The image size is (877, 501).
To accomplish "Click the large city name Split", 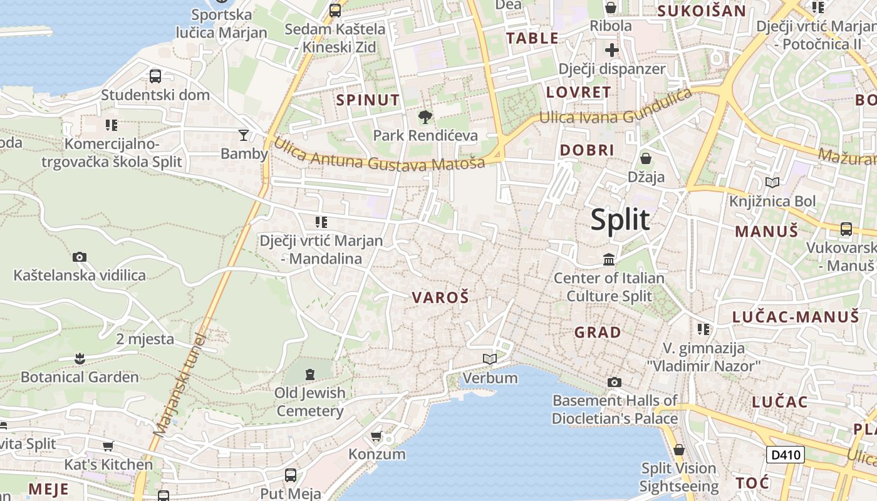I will pyautogui.click(x=620, y=220).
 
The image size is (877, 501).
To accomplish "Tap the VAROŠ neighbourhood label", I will pyautogui.click(x=440, y=298).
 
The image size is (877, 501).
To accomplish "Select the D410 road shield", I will pyautogui.click(x=785, y=454).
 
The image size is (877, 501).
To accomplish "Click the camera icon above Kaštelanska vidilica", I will pyautogui.click(x=80, y=257).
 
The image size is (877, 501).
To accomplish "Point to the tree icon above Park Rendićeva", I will pyautogui.click(x=425, y=116).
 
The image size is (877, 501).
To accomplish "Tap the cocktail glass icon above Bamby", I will pyautogui.click(x=244, y=135).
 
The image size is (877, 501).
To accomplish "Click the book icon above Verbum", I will pyautogui.click(x=490, y=359).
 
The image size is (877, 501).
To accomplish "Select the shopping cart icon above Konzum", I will pyautogui.click(x=376, y=436).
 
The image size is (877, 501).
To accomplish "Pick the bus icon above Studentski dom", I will pyautogui.click(x=155, y=76).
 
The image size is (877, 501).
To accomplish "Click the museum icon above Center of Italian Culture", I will pyautogui.click(x=609, y=259).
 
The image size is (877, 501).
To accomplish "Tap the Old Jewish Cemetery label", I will pyautogui.click(x=310, y=401).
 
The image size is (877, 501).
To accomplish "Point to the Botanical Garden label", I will pyautogui.click(x=80, y=377).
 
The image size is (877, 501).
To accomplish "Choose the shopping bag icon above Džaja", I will pyautogui.click(x=645, y=158).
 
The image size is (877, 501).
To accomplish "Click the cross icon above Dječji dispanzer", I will pyautogui.click(x=612, y=50).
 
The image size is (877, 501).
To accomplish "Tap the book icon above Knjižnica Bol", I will pyautogui.click(x=772, y=183).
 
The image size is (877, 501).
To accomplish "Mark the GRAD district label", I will pyautogui.click(x=598, y=332).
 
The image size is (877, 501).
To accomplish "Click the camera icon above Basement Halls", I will pyautogui.click(x=615, y=382).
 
